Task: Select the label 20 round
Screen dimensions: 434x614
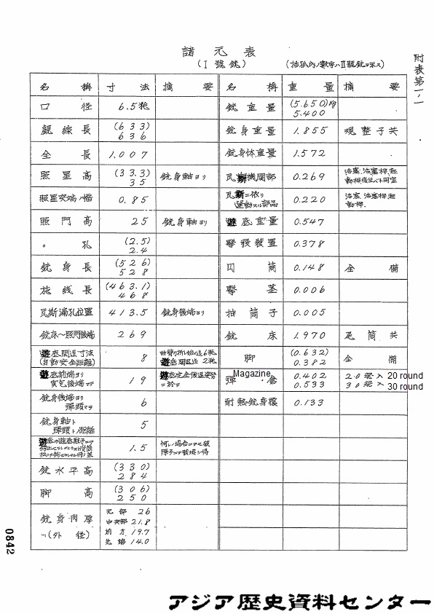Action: pyautogui.click(x=405, y=374)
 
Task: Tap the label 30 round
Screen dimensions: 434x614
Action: pyautogui.click(x=405, y=387)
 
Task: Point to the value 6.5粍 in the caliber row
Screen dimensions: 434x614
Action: pyautogui.click(x=133, y=106)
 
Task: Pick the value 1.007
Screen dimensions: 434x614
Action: pyautogui.click(x=127, y=154)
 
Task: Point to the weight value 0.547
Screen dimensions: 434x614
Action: pyautogui.click(x=308, y=221)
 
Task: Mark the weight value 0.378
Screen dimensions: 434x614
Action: pyautogui.click(x=308, y=244)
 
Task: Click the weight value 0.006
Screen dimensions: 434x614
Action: pyautogui.click(x=308, y=290)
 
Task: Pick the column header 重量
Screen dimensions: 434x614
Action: pyautogui.click(x=309, y=86)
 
